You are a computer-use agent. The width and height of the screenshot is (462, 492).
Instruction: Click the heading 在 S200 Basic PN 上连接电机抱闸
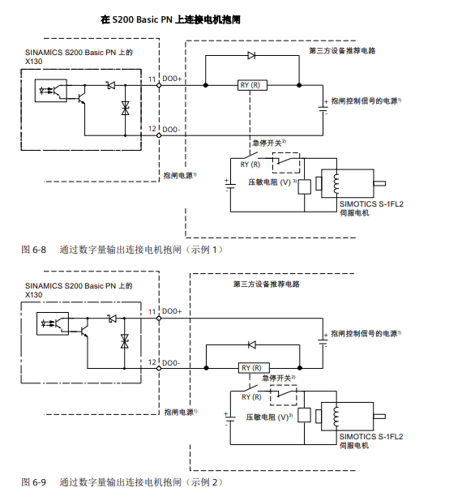point(169,18)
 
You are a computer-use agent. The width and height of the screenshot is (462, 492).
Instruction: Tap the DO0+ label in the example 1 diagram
point(172,79)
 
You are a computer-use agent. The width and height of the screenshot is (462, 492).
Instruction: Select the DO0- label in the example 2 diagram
point(172,362)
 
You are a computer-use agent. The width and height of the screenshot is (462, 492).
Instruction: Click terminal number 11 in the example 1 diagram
point(152,79)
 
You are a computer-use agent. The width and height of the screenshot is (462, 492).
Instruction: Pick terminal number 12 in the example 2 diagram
point(152,362)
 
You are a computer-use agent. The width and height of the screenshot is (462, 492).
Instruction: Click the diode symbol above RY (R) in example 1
point(251,55)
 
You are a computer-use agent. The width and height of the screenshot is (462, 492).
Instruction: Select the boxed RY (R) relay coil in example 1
point(250,84)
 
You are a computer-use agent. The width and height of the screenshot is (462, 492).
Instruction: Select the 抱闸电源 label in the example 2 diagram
point(180,412)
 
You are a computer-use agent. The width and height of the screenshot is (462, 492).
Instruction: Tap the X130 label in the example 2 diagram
point(34,295)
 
